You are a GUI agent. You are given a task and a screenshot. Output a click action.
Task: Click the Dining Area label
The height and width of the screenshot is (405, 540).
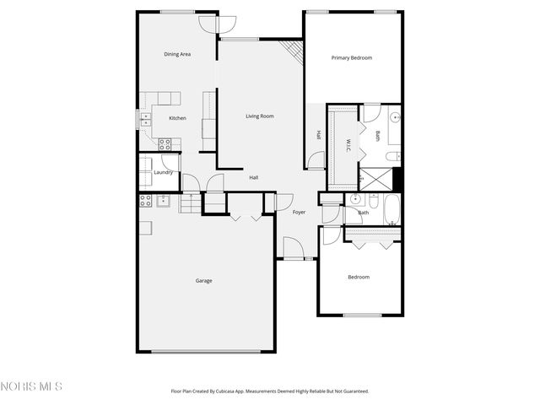click(177, 54)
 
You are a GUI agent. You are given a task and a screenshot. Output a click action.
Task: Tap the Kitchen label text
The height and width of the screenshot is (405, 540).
click(177, 118)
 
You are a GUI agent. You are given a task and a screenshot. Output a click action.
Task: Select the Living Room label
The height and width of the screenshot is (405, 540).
click(260, 116)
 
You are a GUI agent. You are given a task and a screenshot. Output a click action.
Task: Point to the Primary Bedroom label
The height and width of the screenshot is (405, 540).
click(351, 57)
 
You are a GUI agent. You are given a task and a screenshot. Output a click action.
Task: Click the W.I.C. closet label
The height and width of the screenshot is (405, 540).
click(348, 145)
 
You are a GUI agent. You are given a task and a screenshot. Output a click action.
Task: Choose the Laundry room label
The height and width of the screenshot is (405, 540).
click(164, 173)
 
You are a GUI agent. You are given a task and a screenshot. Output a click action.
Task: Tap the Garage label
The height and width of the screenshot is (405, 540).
click(203, 280)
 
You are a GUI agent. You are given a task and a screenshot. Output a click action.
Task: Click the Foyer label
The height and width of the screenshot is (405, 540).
click(299, 212)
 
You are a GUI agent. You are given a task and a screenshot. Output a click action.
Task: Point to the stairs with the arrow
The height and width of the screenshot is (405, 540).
click(192, 202)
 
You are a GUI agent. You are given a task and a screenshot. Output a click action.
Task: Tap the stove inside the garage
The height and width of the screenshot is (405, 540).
click(144, 200)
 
